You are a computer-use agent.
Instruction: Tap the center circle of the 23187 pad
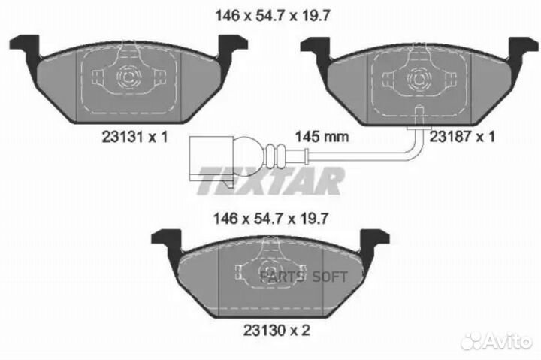(416, 76)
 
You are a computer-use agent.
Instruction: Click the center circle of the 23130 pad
(267, 269)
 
